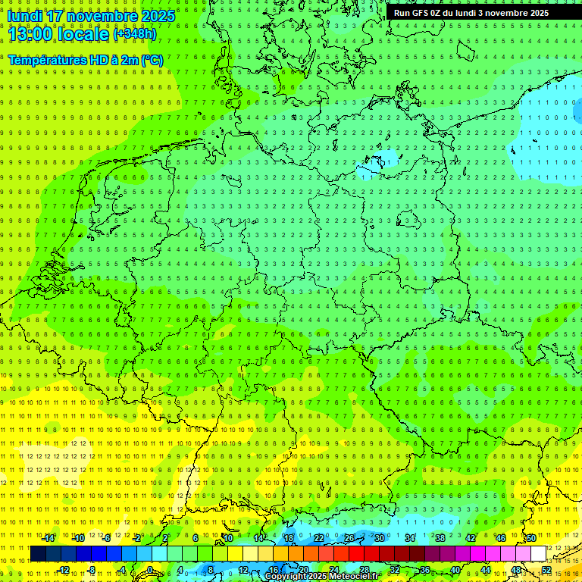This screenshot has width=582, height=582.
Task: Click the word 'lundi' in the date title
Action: pos(24,16)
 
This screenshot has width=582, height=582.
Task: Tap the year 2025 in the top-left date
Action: pos(156,16)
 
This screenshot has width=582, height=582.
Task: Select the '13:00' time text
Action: pos(33,34)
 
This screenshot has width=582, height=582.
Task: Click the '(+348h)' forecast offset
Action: pos(134,34)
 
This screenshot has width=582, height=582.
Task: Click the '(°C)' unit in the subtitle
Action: pos(151,60)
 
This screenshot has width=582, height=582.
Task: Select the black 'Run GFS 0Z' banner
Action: pos(471,13)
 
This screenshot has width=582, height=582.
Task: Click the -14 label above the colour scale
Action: pos(48,537)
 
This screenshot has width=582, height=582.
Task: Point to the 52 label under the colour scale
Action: pos(546,569)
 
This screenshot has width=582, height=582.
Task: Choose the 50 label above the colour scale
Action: pos(530,537)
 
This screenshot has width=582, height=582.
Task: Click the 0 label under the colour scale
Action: pos(150,569)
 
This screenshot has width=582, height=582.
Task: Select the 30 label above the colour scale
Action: pos(379,537)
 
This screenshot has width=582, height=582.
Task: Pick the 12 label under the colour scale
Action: pos(242,569)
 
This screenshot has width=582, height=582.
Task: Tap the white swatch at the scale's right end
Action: pos(539,553)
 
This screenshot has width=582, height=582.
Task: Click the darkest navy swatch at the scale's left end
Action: pos(38,553)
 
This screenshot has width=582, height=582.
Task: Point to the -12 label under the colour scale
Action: pos(64,569)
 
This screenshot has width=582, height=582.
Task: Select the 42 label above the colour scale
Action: pos(470,537)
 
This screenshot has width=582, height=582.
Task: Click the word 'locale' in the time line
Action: pos(86,34)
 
